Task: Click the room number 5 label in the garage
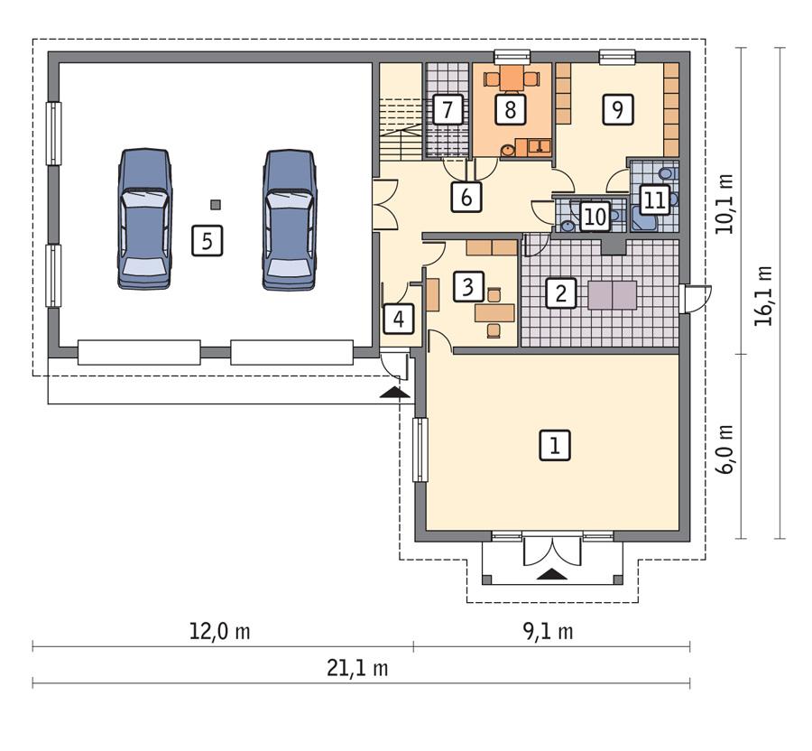tap(207, 241)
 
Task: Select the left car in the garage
tap(144, 219)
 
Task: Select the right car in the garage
tap(290, 219)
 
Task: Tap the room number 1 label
tap(555, 444)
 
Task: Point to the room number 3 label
tap(467, 287)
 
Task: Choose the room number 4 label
tap(398, 318)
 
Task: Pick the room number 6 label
tap(466, 196)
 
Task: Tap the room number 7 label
tap(447, 110)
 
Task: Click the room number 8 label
tap(511, 110)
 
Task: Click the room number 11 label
tap(654, 200)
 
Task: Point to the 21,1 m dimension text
tap(361, 669)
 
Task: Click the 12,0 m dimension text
tap(223, 632)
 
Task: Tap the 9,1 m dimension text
tap(551, 632)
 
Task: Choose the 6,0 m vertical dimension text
tap(726, 446)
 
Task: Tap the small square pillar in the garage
tap(214, 202)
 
